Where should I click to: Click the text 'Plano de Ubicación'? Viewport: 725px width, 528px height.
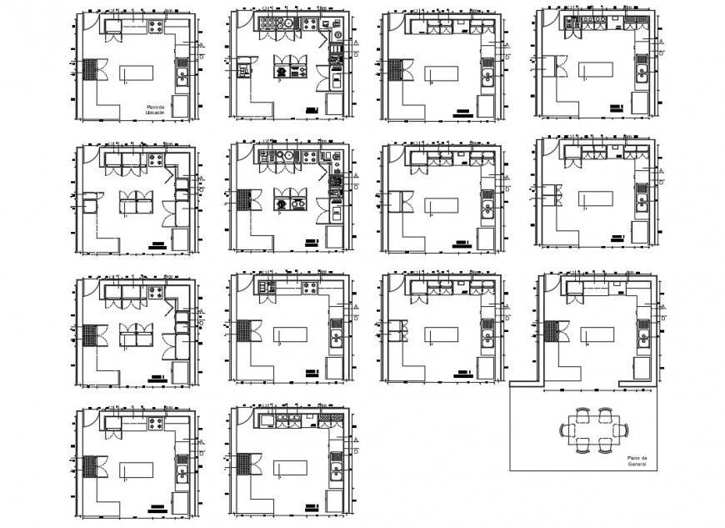pos(155,109)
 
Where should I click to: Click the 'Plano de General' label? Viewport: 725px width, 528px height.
pos(637,461)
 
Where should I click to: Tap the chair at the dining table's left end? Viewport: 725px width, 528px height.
pos(567,430)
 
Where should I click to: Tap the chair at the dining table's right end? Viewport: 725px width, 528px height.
pos(622,430)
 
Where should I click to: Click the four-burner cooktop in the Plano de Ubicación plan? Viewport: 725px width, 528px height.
pos(156,27)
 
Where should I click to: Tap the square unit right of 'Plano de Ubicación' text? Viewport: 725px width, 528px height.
pos(181,106)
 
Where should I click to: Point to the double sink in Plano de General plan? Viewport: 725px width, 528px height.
pos(643,339)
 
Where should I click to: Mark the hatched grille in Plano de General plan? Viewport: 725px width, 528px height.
pos(551,331)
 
